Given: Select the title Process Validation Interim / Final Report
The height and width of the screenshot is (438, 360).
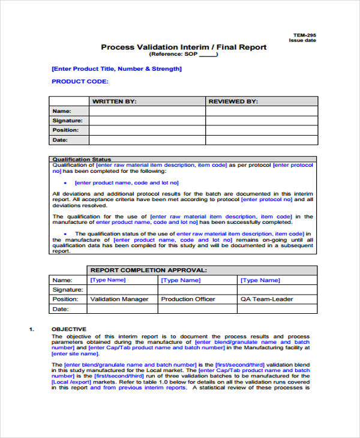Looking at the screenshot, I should click(184, 47).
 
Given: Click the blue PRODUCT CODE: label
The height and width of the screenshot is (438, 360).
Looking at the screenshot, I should click(80, 81).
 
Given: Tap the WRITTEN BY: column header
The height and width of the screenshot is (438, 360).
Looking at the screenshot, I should click(114, 102).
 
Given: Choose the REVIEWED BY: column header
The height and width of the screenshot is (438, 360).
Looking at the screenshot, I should click(233, 102).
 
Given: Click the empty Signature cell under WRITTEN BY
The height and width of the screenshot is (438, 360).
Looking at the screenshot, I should click(147, 121).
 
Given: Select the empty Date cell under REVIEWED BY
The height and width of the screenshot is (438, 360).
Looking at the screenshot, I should click(261, 140).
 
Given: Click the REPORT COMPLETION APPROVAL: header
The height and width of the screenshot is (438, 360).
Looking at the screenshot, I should click(148, 271).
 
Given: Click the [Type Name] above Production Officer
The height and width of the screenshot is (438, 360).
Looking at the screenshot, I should click(181, 280).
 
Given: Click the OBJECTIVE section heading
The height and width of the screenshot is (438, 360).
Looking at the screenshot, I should click(69, 329).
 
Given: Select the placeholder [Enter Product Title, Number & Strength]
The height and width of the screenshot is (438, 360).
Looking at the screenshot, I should click(117, 68).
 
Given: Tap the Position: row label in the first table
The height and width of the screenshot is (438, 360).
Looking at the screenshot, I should click(65, 130).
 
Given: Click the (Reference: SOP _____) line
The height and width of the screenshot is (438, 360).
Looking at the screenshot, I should click(184, 55).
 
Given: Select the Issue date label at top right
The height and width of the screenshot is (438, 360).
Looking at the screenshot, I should click(302, 41).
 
